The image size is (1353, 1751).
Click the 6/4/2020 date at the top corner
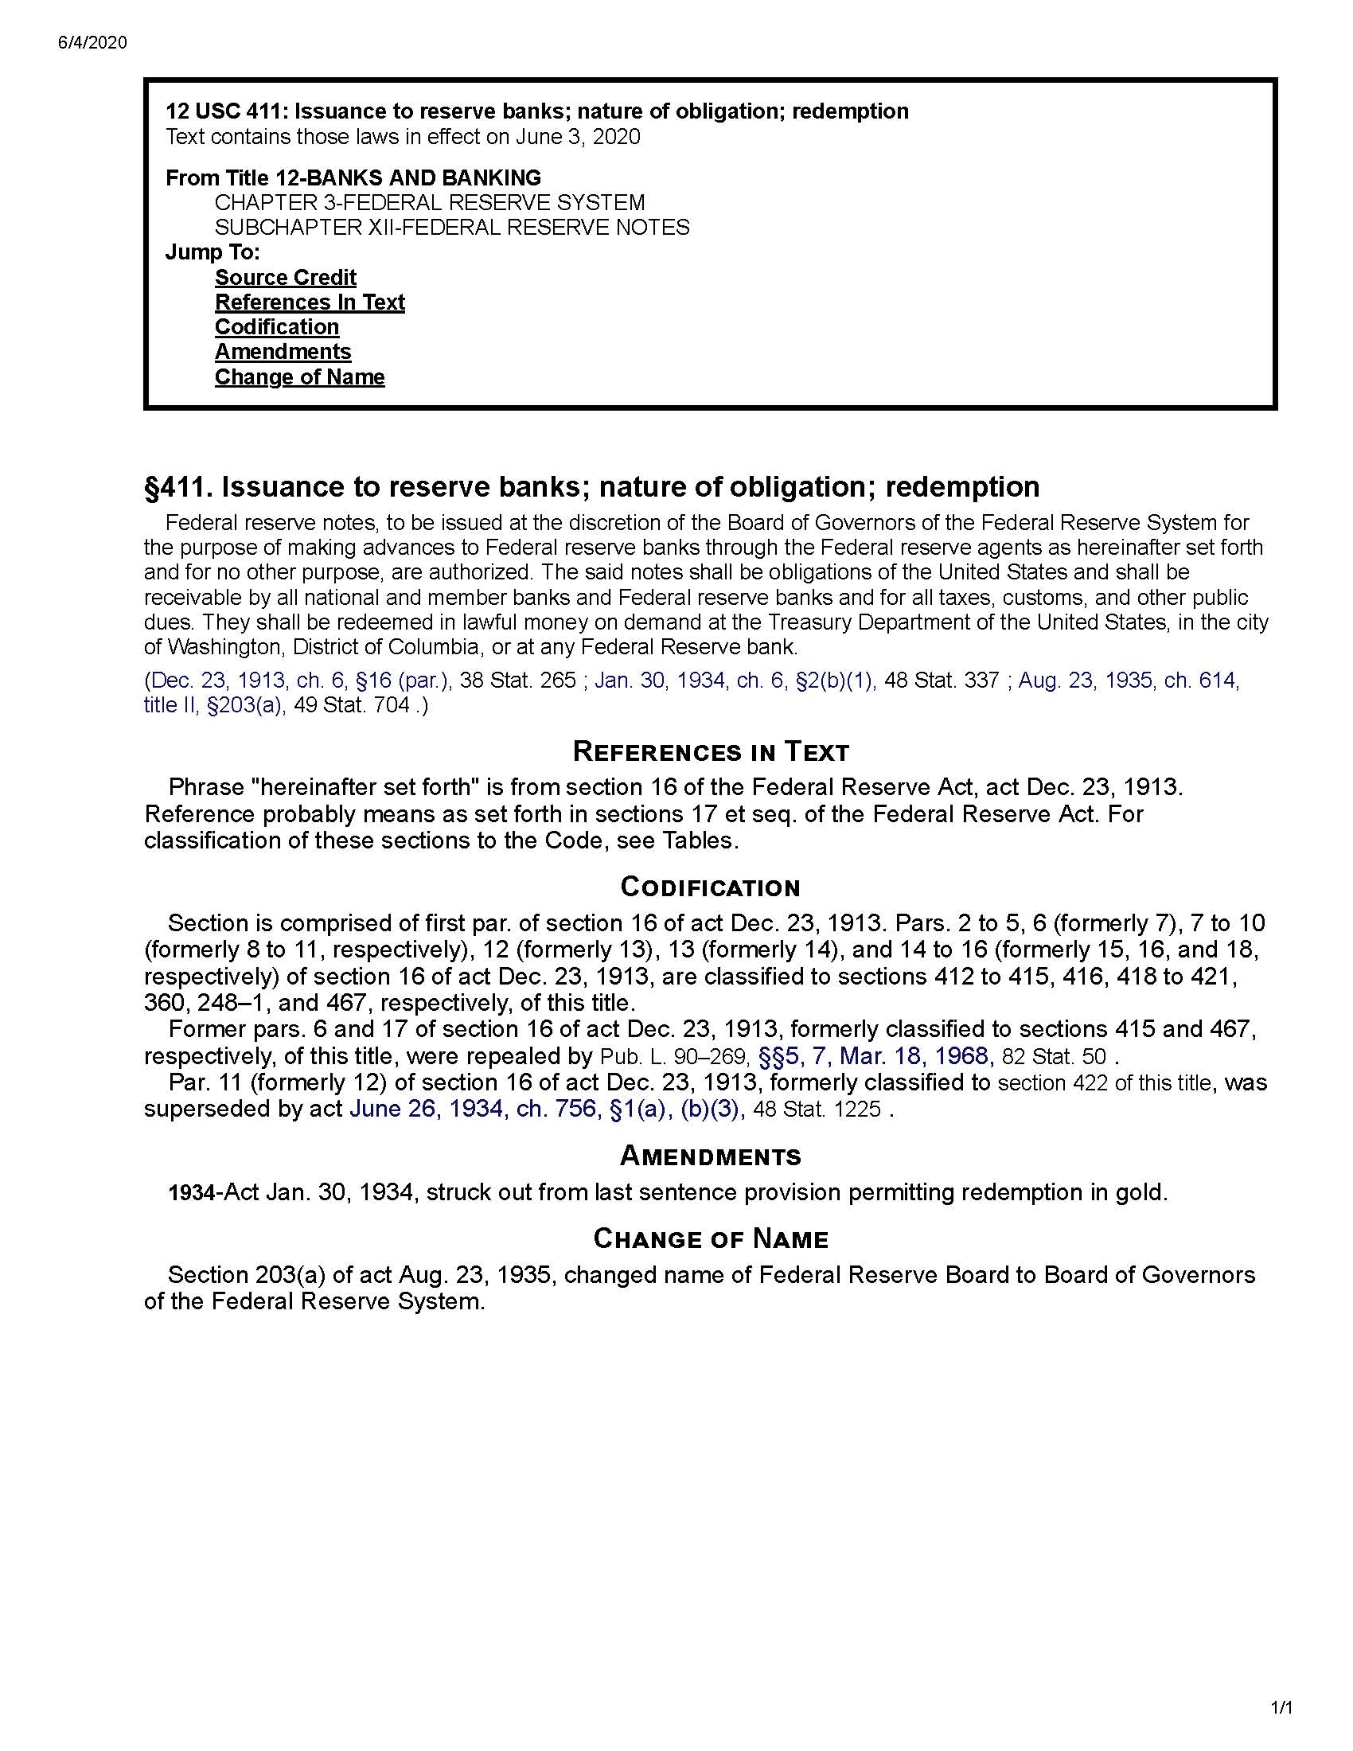tap(92, 43)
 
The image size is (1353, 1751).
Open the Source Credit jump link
tap(286, 278)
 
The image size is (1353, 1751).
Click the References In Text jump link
tap(310, 302)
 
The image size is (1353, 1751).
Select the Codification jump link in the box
tap(276, 327)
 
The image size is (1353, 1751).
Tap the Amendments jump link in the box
tap(283, 352)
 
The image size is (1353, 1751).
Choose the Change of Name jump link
tap(299, 376)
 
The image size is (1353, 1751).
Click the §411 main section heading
tap(591, 486)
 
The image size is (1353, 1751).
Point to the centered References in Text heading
tap(710, 752)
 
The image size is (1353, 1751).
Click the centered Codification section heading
tap(710, 887)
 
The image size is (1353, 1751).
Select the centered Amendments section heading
tap(710, 1156)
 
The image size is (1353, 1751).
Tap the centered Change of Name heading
tap(710, 1238)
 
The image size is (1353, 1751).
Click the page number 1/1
tap(1282, 1724)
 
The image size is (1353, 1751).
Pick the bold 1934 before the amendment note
tap(192, 1194)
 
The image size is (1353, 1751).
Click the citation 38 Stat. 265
tap(517, 681)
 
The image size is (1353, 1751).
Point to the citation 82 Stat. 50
tap(1054, 1057)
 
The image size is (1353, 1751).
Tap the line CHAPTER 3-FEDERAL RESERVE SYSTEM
tap(430, 203)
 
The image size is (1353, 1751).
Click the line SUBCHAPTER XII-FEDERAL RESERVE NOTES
tap(452, 228)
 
